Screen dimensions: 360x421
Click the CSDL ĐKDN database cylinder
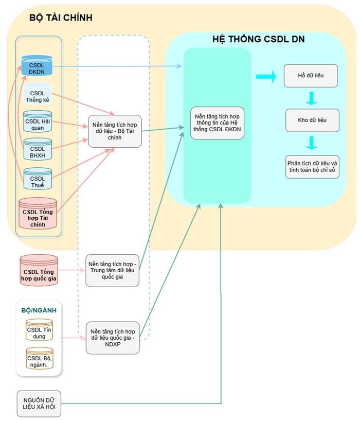pos(37,65)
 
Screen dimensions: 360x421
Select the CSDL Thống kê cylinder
pos(38,94)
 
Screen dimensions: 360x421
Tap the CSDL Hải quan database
pos(38,121)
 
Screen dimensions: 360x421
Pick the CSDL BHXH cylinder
pos(38,149)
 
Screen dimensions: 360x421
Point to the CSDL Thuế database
pos(38,179)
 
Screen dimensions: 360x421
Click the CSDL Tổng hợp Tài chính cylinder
pos(38,214)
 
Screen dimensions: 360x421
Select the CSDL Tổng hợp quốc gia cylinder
pos(39,270)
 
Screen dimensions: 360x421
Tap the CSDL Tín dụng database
pos(39,330)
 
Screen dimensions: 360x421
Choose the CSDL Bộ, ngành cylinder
pos(40,358)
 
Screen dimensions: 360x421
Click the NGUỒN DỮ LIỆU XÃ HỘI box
pos(39,404)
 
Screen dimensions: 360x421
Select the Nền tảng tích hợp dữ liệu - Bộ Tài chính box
pos(115,131)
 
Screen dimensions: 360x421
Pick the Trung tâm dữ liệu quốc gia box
pos(112,270)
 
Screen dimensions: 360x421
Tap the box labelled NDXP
pos(113,338)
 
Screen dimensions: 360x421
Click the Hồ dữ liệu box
pos(311,76)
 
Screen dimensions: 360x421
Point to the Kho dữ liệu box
pos(312,120)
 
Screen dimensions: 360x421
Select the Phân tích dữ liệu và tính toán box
pos(312,167)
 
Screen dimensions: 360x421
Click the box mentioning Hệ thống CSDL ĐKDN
pos(218,123)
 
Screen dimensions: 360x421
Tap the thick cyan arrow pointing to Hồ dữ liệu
pos(266,77)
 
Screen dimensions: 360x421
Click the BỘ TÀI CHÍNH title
pos(61,18)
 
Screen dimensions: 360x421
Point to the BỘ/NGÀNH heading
pos(39,310)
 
